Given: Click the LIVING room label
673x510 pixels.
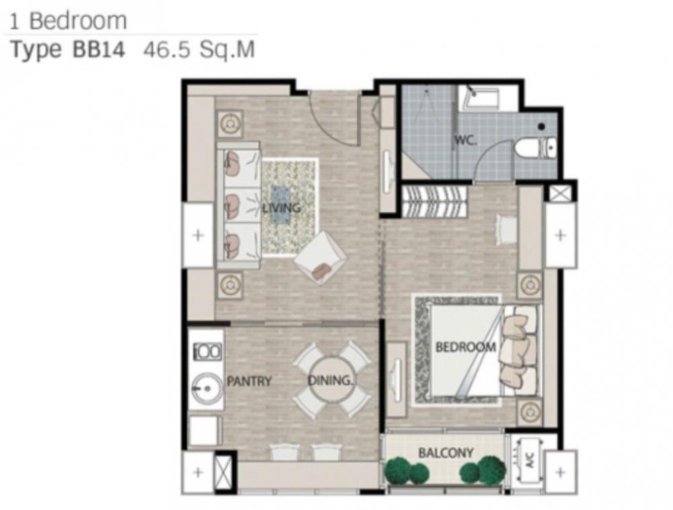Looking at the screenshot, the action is pos(281,208).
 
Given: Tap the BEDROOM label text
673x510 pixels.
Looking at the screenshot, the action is pos(466,347).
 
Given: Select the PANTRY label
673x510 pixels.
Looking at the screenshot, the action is pos(249,381).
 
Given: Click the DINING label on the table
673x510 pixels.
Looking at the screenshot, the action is pos(330,380).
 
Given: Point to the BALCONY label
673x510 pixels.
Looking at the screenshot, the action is pos(446,453).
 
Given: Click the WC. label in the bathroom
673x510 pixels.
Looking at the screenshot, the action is pos(465,140).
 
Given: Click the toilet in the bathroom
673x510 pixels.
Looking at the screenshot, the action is pos(534,148).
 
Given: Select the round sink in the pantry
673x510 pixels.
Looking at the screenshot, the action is pos(207,389).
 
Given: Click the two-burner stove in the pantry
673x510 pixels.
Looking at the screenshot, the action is pos(208,352).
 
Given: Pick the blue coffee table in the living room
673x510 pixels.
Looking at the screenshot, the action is pos(281,205).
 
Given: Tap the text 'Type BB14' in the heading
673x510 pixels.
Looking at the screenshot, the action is pos(67,50).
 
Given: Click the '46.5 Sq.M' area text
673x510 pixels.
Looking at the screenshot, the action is pos(199,50).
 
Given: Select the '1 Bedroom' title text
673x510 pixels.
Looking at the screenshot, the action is pos(68,22).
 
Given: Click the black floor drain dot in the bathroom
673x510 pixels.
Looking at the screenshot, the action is pos(542,126).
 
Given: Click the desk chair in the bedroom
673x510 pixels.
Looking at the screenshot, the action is pos(507,230).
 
